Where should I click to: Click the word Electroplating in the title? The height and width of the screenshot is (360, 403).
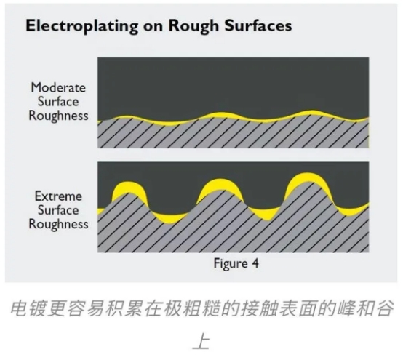(82, 26)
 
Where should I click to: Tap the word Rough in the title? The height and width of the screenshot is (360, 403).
(193, 26)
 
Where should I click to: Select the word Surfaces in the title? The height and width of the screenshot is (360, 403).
(258, 25)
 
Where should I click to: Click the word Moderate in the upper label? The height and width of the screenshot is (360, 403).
(58, 87)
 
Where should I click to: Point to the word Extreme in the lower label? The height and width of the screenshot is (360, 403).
(58, 196)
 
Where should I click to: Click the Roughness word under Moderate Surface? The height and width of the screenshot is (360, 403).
(58, 116)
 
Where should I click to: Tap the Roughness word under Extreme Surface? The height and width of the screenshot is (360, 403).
(58, 224)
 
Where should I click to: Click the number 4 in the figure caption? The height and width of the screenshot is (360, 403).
(255, 263)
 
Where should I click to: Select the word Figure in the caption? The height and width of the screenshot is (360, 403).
(231, 264)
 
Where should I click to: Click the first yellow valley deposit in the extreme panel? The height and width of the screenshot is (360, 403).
(169, 218)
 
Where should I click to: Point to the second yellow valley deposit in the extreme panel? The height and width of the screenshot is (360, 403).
(266, 213)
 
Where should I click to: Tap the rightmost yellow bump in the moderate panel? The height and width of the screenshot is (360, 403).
(311, 112)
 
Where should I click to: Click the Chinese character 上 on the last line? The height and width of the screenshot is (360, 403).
(201, 341)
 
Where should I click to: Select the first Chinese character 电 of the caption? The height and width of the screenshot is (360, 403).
(20, 308)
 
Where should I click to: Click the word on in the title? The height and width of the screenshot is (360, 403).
(153, 27)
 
